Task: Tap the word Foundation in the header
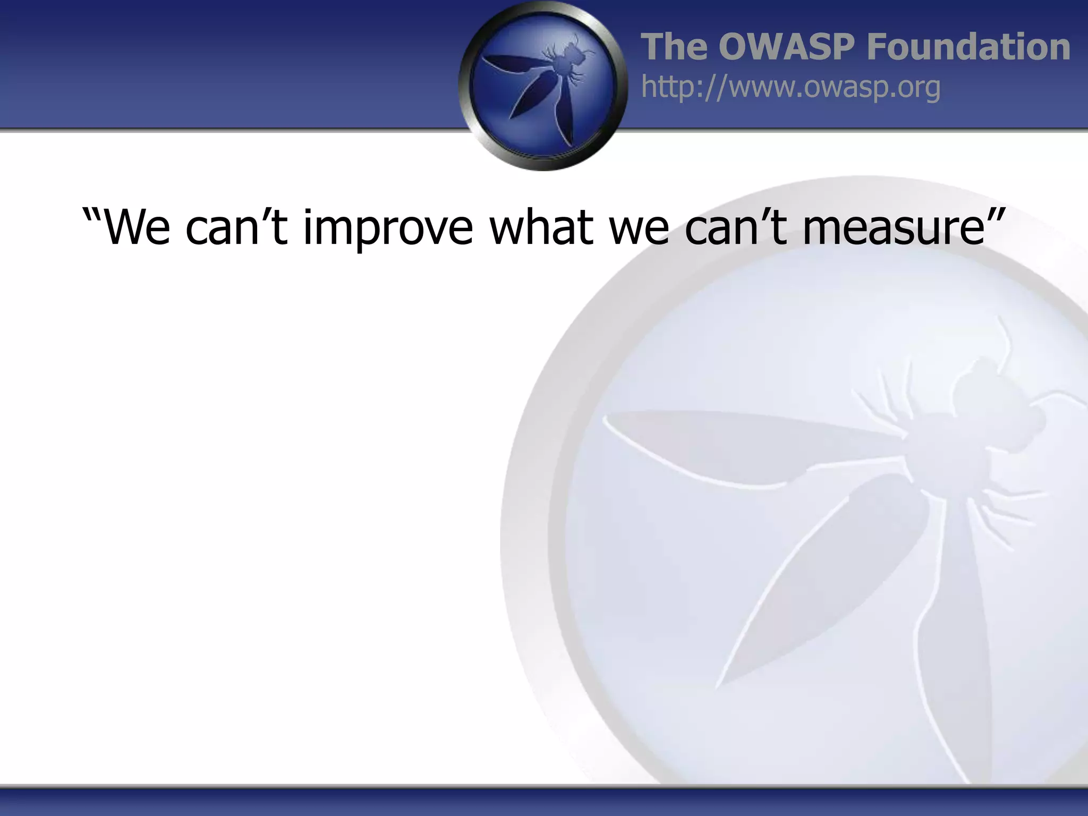pyautogui.click(x=968, y=47)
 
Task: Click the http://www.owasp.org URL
pyautogui.click(x=790, y=87)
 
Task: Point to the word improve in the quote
pyautogui.click(x=387, y=227)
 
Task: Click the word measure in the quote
pyautogui.click(x=894, y=227)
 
